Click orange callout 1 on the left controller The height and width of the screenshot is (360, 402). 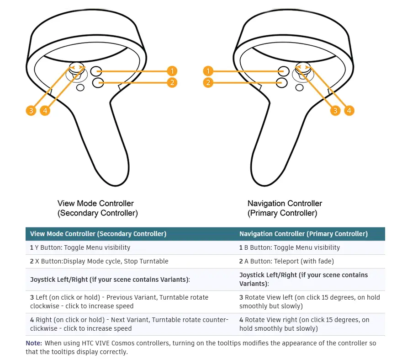(172, 71)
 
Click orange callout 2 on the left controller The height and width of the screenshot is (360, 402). (172, 83)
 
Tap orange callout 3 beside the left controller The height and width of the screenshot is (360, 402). (31, 110)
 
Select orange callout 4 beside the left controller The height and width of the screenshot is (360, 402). (45, 110)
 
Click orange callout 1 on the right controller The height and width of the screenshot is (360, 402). (208, 71)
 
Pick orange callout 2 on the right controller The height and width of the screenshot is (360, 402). (208, 83)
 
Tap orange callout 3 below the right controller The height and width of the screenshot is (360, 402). (335, 110)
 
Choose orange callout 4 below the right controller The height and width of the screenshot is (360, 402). (349, 110)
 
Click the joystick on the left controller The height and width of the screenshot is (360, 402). (76, 68)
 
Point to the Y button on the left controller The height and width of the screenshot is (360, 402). (96, 71)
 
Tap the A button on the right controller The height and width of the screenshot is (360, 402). (282, 82)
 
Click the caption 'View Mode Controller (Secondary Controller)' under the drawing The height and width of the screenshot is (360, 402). (97, 208)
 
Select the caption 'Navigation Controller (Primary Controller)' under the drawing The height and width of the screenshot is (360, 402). (285, 208)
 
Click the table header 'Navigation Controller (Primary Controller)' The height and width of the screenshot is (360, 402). (303, 234)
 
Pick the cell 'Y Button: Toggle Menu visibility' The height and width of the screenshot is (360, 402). (80, 247)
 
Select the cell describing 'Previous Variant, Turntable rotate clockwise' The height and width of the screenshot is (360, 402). (119, 301)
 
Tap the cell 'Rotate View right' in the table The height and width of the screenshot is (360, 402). (304, 324)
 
